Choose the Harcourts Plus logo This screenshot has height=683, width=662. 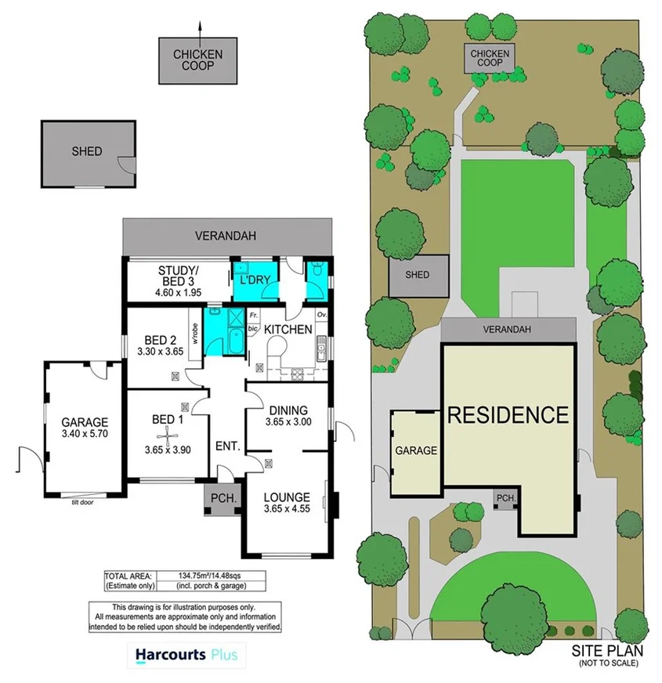click(x=186, y=654)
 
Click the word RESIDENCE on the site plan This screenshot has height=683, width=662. click(x=507, y=414)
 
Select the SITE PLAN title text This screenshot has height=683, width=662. click(x=607, y=650)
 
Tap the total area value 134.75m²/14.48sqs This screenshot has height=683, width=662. click(x=207, y=576)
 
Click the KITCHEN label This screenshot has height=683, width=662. click(x=288, y=330)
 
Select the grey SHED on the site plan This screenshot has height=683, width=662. click(x=418, y=275)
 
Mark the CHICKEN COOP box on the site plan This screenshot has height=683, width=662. click(x=489, y=58)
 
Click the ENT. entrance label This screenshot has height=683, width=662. click(x=227, y=446)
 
